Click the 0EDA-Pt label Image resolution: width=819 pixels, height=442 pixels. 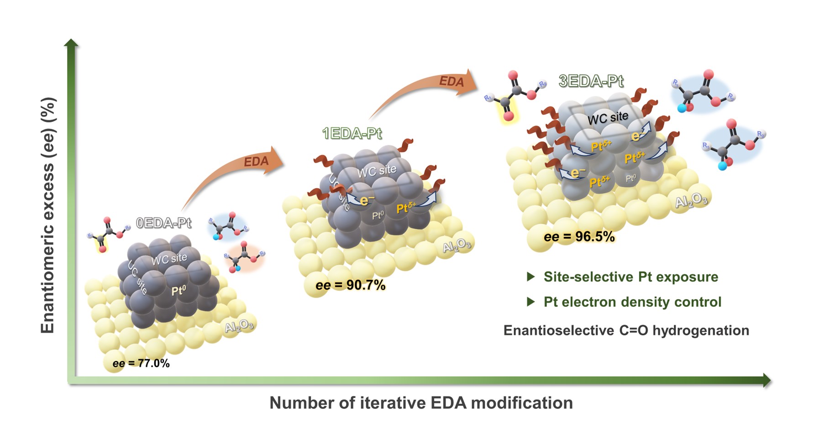(x=163, y=223)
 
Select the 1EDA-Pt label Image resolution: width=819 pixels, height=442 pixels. (x=352, y=133)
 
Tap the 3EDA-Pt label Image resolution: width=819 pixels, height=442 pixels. (x=591, y=81)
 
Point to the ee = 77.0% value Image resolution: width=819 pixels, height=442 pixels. (x=141, y=363)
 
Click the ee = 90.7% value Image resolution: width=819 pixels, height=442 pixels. (x=350, y=285)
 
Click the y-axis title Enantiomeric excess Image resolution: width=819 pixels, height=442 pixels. (x=48, y=215)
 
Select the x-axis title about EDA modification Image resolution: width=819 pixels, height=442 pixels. (x=421, y=403)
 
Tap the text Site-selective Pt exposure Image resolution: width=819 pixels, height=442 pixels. (x=630, y=277)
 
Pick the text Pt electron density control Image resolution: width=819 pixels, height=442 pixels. (x=632, y=302)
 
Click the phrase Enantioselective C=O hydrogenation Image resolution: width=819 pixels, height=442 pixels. (x=626, y=330)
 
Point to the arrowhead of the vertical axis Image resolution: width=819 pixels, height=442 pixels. (x=71, y=43)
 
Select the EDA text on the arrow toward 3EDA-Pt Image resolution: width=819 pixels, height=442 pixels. (x=451, y=82)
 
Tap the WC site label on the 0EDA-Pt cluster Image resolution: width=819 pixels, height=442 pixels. (x=169, y=259)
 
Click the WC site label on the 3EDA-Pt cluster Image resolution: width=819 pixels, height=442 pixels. (x=608, y=118)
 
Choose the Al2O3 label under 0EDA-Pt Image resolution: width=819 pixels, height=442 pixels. (x=238, y=326)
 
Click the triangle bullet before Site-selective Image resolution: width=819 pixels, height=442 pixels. (x=530, y=277)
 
